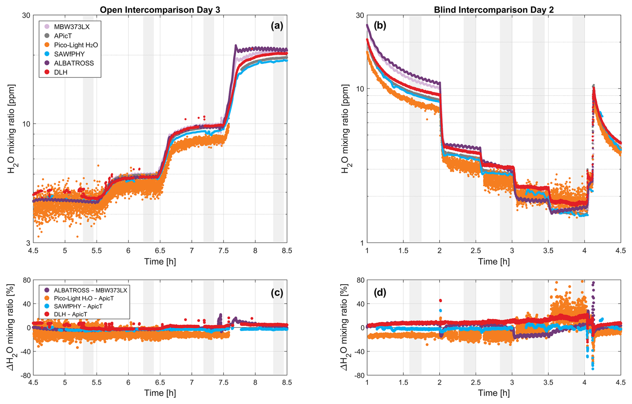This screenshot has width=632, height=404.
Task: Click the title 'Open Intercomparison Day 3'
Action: (160, 10)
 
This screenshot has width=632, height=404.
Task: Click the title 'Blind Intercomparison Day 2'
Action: (494, 10)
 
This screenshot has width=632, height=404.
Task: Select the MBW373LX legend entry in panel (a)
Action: (71, 27)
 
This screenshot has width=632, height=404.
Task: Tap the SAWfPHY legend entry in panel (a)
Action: (69, 54)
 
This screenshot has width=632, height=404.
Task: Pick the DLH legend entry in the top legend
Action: (60, 72)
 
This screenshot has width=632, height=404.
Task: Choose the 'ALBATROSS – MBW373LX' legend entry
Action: (90, 290)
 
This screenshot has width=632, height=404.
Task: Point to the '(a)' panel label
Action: (277, 26)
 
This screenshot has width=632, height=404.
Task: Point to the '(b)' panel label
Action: (380, 26)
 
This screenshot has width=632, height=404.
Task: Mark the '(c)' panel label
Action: (277, 292)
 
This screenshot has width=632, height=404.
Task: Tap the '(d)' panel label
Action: (380, 292)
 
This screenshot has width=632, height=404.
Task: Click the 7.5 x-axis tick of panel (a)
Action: (223, 251)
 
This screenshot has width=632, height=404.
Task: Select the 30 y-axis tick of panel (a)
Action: (26, 15)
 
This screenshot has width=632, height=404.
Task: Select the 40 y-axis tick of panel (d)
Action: (360, 304)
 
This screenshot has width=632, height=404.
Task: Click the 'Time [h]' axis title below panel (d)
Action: (494, 393)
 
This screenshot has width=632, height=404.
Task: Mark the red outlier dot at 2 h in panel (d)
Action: (440, 301)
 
